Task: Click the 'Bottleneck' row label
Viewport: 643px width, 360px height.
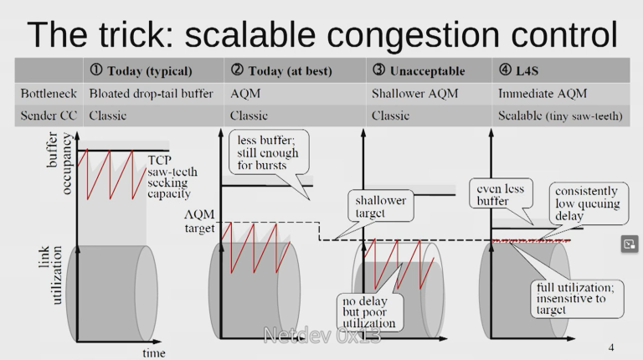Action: coord(49,94)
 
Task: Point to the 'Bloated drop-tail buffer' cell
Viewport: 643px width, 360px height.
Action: coord(151,94)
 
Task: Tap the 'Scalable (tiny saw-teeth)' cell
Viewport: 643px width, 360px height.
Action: coord(560,116)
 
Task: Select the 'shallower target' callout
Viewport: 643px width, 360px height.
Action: coord(382,207)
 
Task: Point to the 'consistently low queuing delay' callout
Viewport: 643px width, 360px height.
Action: coord(586,203)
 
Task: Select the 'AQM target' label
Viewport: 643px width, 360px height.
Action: coord(199,220)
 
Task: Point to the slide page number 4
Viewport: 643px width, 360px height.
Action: coord(611,347)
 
